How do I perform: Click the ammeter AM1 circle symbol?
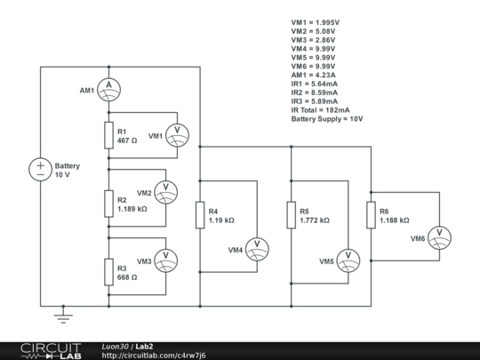click(108, 85)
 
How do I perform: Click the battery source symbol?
click(41, 169)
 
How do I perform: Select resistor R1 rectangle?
click(108, 135)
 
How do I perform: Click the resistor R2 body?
click(108, 204)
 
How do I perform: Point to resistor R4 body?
click(200, 214)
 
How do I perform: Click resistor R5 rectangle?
click(292, 214)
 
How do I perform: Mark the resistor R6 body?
click(370, 214)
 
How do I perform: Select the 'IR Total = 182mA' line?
click(327, 110)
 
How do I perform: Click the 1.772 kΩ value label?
click(314, 220)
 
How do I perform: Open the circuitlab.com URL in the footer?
click(154, 355)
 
